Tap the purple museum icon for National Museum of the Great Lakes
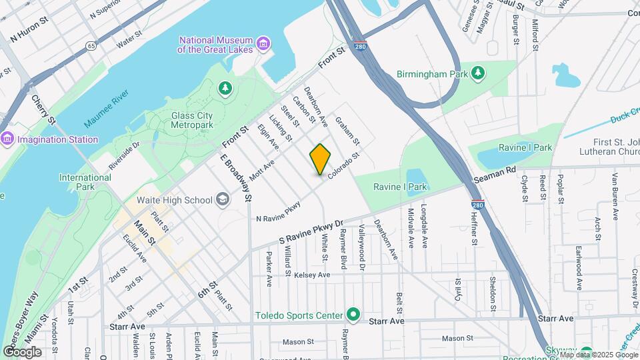pos(264,44)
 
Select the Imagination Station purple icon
pos(7,139)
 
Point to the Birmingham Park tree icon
pos(477,73)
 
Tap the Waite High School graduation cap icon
pos(221,200)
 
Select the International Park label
pos(85,182)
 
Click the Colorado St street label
pos(343,165)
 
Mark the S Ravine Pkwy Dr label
pos(310,233)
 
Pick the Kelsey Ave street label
pos(312,275)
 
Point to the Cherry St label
pos(43,109)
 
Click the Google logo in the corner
pos(22,351)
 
